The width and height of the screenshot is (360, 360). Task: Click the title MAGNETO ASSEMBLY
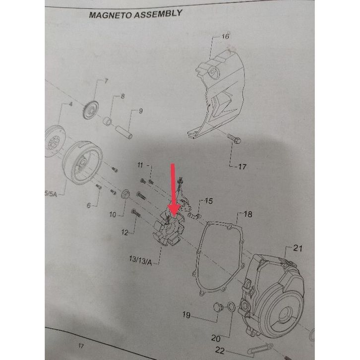click(x=135, y=14)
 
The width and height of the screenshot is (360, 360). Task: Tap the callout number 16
click(x=225, y=36)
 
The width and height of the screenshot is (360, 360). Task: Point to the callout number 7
click(x=106, y=81)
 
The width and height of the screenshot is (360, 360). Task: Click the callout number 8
click(x=123, y=96)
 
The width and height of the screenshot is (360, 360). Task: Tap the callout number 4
click(x=70, y=105)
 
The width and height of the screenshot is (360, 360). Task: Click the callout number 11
click(x=140, y=165)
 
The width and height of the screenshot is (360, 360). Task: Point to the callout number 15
click(x=209, y=201)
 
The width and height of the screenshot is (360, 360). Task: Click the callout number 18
click(x=247, y=214)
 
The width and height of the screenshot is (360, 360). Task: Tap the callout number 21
click(x=298, y=248)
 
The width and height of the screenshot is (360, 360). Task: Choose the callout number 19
click(x=186, y=314)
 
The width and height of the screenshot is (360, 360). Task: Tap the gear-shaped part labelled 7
click(x=91, y=109)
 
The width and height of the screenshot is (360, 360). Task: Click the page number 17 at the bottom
click(x=81, y=344)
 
